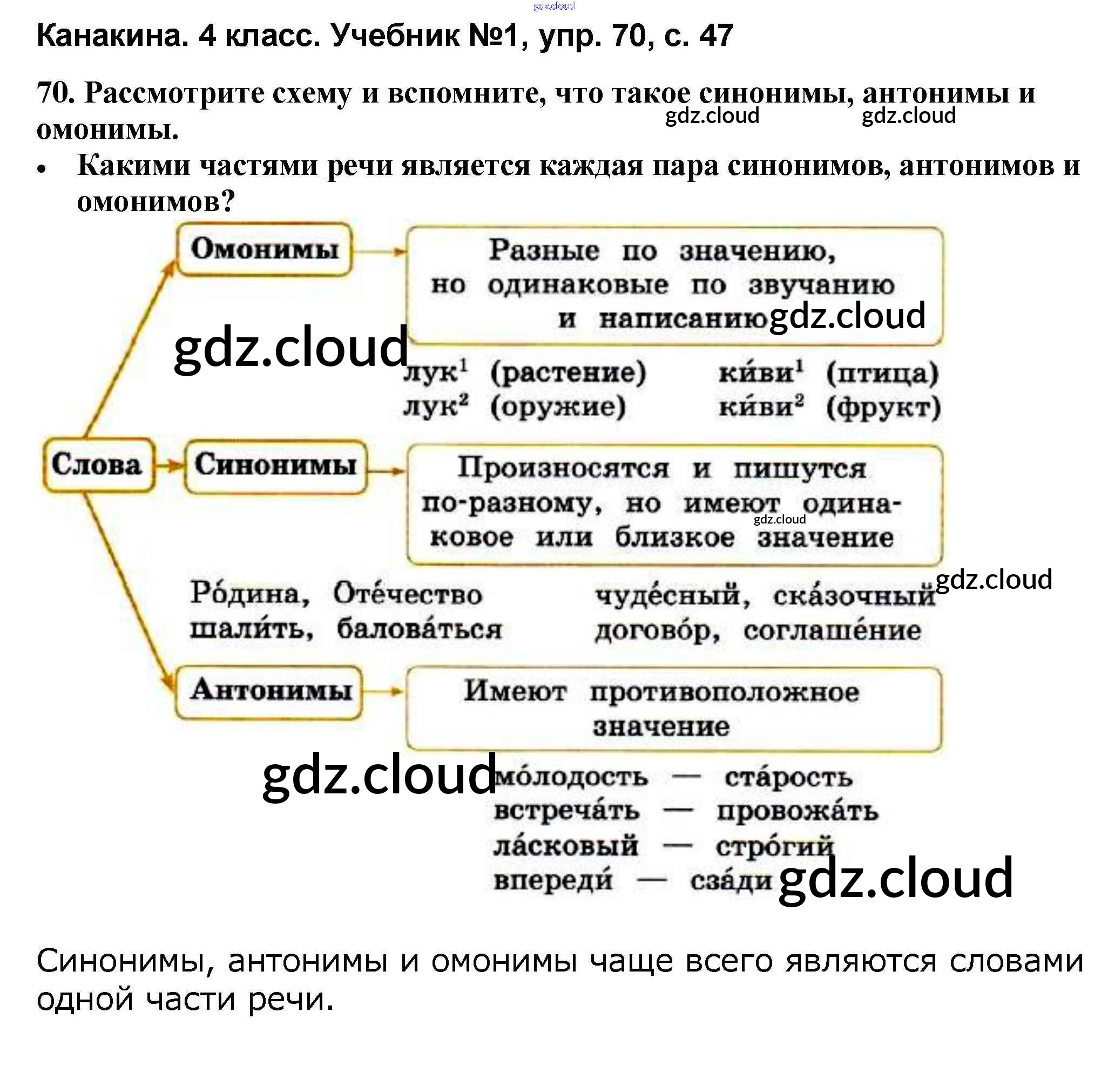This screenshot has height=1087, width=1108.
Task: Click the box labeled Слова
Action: click(98, 465)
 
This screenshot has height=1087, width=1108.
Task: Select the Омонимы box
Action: click(265, 249)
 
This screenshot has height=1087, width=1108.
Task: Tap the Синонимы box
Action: click(275, 465)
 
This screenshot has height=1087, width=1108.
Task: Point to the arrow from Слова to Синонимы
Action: click(169, 466)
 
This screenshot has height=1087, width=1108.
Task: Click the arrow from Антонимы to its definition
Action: click(383, 691)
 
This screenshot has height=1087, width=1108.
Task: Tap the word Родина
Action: click(249, 594)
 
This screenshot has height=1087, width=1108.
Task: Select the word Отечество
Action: click(408, 594)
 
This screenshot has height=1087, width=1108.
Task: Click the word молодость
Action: click(571, 778)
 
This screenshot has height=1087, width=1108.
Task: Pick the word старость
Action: click(788, 778)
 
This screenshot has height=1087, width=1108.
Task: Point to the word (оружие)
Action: click(557, 406)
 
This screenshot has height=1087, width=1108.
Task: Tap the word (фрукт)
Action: click(883, 407)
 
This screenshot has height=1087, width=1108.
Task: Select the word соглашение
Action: click(832, 630)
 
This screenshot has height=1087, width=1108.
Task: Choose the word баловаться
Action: click(419, 629)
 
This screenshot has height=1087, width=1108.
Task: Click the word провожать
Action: click(798, 812)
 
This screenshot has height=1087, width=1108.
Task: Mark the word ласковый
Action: click(565, 846)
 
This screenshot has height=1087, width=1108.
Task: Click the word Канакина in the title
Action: click(112, 36)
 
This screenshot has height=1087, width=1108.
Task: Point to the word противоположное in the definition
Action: click(724, 692)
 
